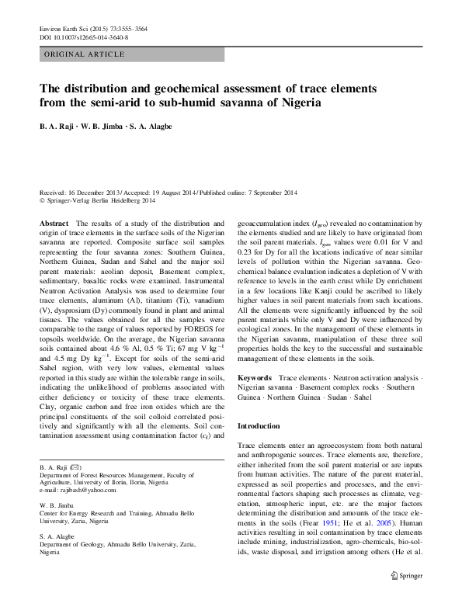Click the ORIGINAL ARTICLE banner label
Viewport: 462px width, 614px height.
tap(84, 54)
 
